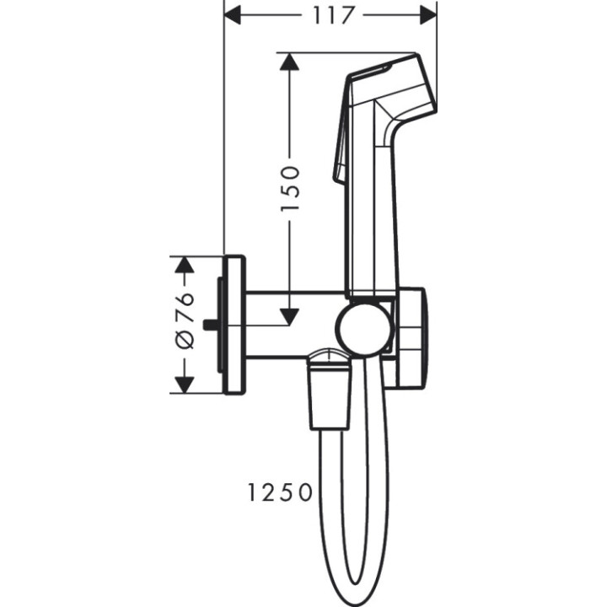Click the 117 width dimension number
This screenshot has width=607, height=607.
pyautogui.click(x=330, y=14)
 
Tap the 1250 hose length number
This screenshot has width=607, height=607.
pyautogui.click(x=281, y=492)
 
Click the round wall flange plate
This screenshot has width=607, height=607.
pyautogui.click(x=235, y=325)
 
